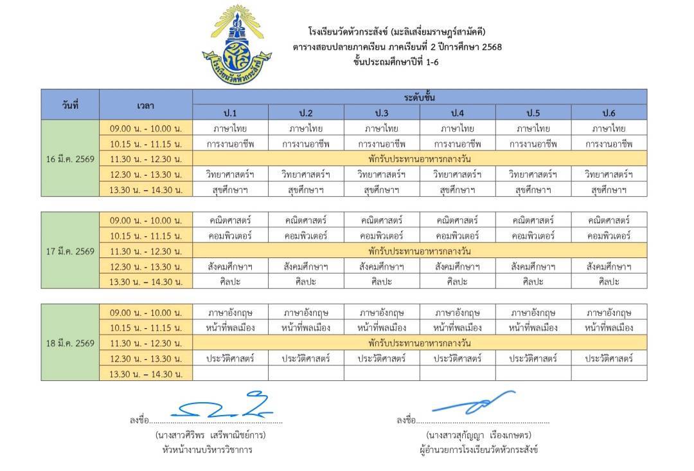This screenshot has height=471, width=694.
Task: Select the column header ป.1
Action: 230,113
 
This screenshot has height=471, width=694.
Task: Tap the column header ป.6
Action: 609,113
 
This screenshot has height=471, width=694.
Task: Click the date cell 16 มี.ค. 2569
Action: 71,159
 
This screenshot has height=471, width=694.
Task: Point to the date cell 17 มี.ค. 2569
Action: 71,251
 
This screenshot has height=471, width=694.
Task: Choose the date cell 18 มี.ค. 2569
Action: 71,343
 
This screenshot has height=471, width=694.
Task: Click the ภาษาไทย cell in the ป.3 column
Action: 382,129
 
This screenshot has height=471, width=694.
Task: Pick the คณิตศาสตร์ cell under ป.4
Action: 458,221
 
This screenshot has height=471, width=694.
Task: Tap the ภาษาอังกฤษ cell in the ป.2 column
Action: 306,313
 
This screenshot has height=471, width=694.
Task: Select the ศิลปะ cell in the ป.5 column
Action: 533,281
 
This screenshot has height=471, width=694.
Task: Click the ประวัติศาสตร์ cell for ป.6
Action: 609,358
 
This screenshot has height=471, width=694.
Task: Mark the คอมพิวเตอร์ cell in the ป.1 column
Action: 230,236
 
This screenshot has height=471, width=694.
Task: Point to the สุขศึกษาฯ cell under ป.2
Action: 306,190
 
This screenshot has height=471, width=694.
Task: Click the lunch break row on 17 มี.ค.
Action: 420,251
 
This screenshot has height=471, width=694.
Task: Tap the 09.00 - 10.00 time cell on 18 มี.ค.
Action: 146,313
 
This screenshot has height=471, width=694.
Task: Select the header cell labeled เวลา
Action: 146,105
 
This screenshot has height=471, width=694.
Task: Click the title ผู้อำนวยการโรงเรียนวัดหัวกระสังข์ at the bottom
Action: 477,449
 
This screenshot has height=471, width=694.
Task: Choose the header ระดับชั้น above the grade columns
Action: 420,97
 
